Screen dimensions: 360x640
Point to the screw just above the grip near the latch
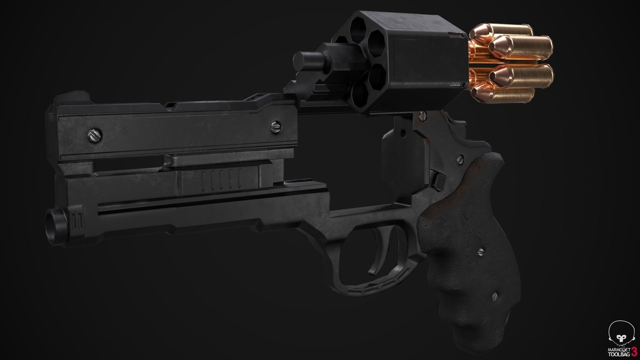(461, 157)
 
